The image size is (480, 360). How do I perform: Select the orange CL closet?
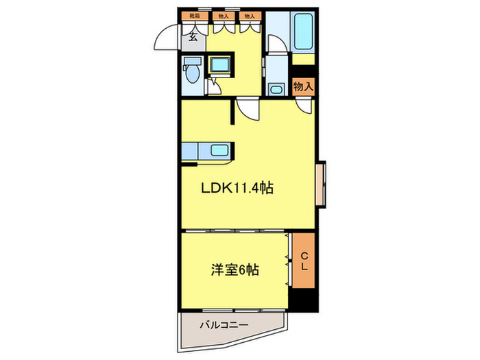coord(302,261)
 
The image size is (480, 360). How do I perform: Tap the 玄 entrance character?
coord(194,37)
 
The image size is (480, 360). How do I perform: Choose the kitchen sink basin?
coord(220,151)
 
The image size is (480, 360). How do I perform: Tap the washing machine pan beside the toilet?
coord(221,66)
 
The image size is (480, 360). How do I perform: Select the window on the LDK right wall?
coord(320,184)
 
